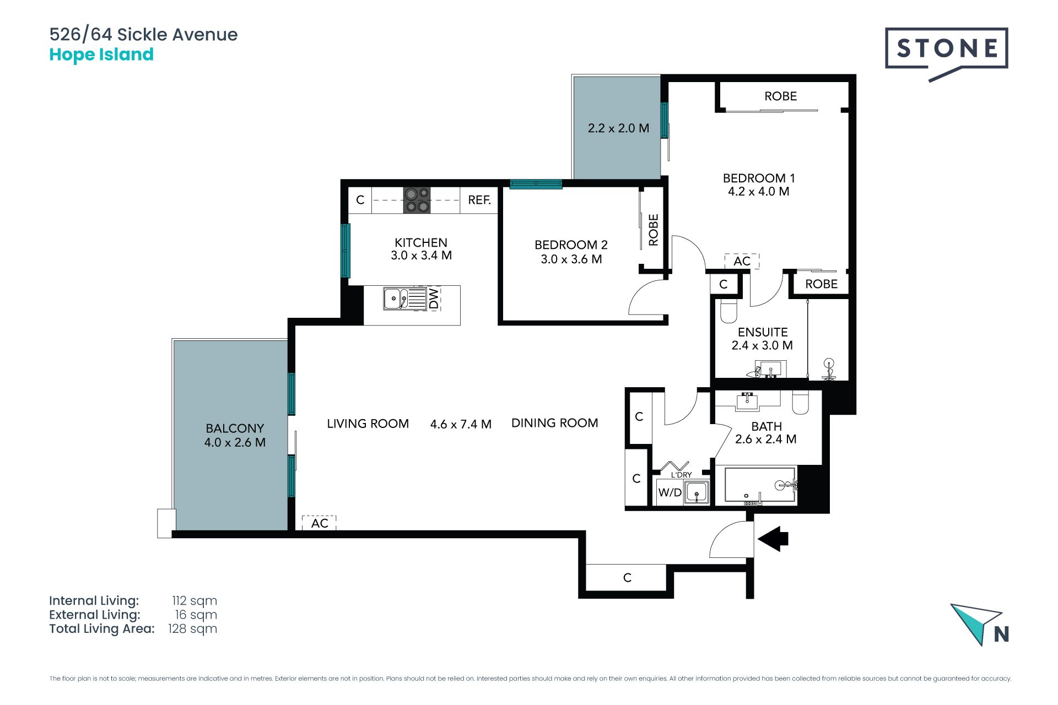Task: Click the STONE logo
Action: pyautogui.click(x=946, y=53)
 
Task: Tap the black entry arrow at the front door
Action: pyautogui.click(x=773, y=539)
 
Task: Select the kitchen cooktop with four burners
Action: pyautogui.click(x=417, y=200)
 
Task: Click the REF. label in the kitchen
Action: pyautogui.click(x=479, y=200)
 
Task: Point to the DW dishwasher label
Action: pyautogui.click(x=434, y=299)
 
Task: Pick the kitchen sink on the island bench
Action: pyautogui.click(x=405, y=299)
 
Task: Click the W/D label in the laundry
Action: pyautogui.click(x=670, y=492)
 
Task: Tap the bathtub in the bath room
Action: pyautogui.click(x=760, y=485)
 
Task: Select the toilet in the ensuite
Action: pyautogui.click(x=728, y=311)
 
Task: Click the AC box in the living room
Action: pyautogui.click(x=320, y=523)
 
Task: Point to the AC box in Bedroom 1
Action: pyautogui.click(x=742, y=261)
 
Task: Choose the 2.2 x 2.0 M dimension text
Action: pyautogui.click(x=618, y=128)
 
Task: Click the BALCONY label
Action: pyautogui.click(x=235, y=428)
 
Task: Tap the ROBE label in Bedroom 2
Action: pyautogui.click(x=654, y=230)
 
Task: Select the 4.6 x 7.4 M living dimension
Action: pyautogui.click(x=461, y=424)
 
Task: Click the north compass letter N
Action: pyautogui.click(x=1001, y=634)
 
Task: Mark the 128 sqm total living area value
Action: pyautogui.click(x=192, y=629)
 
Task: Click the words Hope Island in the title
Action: pyautogui.click(x=101, y=55)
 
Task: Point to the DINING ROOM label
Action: pyautogui.click(x=555, y=423)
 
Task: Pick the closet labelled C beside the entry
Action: pyautogui.click(x=627, y=577)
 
